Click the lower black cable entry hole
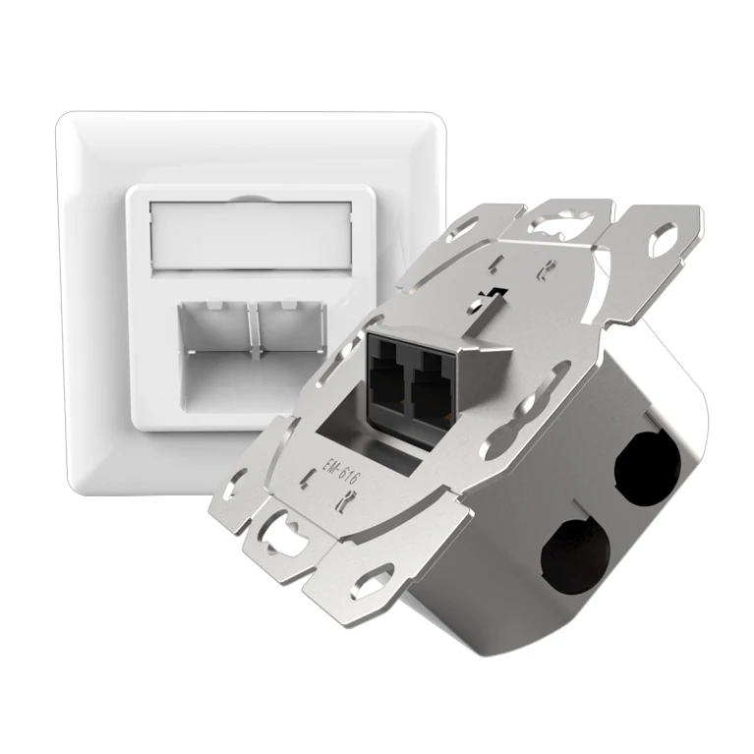[x=576, y=550]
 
